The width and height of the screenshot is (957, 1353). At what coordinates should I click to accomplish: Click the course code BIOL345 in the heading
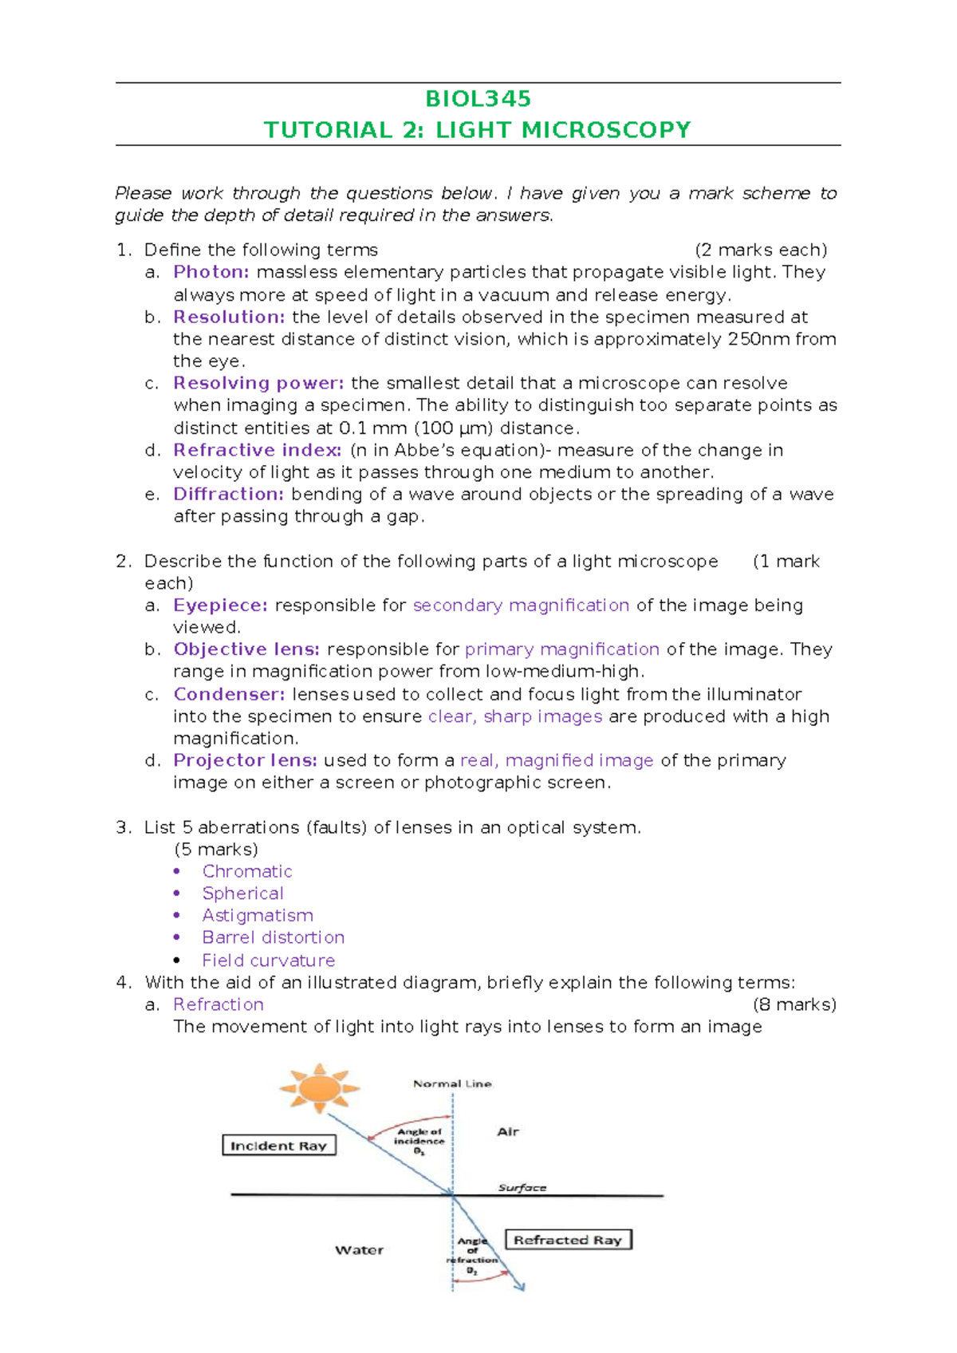(478, 99)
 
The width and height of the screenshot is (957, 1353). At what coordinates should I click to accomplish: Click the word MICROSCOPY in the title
(606, 130)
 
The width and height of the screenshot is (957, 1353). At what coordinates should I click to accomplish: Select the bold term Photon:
(211, 272)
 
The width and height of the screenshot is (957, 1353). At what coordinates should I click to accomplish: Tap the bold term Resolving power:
(258, 383)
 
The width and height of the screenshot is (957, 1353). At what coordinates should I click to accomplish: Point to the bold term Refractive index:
(257, 450)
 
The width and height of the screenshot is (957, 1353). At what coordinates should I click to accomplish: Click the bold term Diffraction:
(229, 494)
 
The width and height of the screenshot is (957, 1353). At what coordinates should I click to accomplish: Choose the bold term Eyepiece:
(220, 605)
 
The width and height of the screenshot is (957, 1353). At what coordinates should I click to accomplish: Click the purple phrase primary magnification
(561, 649)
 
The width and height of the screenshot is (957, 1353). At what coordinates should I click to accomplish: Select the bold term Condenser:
(229, 694)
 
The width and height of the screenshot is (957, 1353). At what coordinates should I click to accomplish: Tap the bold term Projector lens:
(245, 760)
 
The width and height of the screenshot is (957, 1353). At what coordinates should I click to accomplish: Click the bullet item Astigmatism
(258, 915)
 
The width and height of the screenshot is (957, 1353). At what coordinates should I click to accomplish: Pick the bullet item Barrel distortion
(273, 937)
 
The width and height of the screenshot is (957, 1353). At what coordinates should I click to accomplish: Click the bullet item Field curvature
(268, 961)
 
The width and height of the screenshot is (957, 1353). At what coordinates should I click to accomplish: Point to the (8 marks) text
(794, 1004)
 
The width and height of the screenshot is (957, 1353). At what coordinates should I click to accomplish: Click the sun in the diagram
(320, 1087)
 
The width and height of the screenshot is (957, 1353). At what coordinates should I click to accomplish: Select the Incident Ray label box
(279, 1146)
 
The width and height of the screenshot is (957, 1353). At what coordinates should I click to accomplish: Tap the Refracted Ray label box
(568, 1240)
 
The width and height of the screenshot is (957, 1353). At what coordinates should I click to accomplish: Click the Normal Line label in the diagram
(452, 1083)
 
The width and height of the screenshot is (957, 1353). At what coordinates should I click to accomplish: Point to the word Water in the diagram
(359, 1250)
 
